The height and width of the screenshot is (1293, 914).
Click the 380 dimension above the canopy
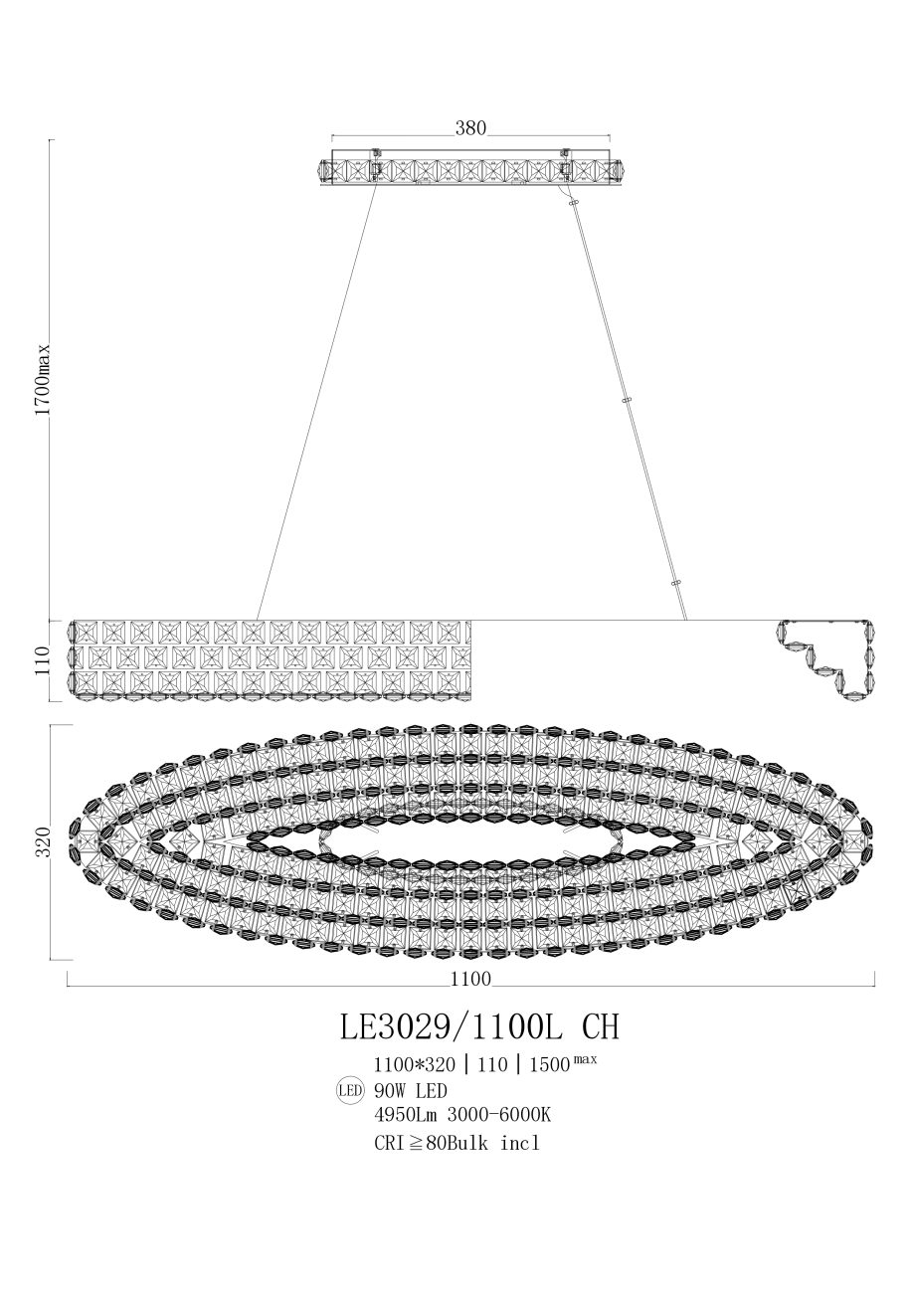click(470, 128)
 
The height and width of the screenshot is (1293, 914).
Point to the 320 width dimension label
click(42, 841)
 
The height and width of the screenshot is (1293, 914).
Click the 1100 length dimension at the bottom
click(470, 979)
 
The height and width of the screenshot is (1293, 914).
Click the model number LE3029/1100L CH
click(479, 1025)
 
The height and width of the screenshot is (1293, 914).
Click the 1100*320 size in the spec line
click(414, 1063)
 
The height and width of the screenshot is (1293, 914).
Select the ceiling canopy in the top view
click(470, 171)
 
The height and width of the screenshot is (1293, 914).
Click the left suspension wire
click(316, 402)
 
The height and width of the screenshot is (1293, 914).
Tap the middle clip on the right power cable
click(627, 400)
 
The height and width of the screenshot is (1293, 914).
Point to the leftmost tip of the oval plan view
click(71, 841)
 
